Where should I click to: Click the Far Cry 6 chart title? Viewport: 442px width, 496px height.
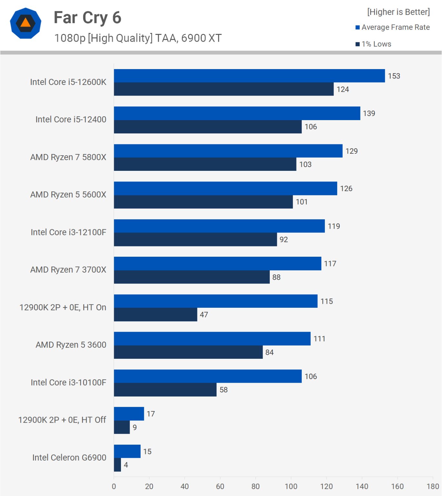point(87,18)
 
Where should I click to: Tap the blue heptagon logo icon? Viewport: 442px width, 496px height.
point(25,23)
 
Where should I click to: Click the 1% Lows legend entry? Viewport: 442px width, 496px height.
point(373,44)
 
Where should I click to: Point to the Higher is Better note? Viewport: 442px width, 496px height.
point(398,12)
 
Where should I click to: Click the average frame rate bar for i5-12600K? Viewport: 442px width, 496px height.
point(249,76)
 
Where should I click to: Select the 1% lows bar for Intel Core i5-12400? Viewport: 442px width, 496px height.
point(207,127)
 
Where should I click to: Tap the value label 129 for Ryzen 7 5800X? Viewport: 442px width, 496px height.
point(351,151)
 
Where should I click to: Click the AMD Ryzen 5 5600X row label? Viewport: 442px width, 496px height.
point(68,195)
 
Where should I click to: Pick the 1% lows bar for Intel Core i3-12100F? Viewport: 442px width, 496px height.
point(195,240)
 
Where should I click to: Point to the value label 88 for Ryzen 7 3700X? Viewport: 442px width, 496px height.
point(276,277)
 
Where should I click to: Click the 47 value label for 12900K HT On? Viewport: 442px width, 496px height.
point(204,315)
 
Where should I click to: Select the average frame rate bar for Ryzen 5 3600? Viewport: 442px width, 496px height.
point(212,339)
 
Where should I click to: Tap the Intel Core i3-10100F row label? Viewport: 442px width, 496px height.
point(68,383)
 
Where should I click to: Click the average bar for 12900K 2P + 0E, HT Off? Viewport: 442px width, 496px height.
point(129,414)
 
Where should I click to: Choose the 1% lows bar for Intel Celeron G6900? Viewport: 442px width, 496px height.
point(117,465)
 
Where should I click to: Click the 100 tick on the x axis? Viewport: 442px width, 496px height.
point(291,487)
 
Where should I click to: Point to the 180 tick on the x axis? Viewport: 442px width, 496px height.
point(433,487)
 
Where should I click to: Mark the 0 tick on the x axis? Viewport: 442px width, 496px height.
point(114,487)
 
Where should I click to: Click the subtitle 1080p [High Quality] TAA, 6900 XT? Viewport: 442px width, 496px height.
point(138,38)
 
